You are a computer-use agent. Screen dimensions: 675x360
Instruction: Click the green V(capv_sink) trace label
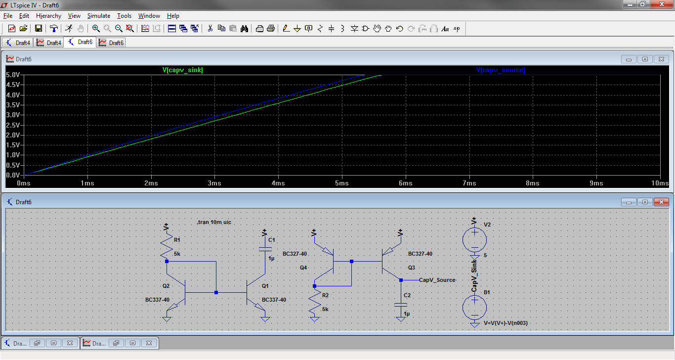pyautogui.click(x=183, y=70)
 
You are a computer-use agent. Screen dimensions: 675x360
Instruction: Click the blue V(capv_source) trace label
pyautogui.click(x=501, y=70)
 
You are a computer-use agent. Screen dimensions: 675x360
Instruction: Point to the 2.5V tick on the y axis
pyautogui.click(x=13, y=125)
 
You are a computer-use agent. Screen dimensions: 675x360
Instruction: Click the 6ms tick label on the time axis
pyautogui.click(x=405, y=183)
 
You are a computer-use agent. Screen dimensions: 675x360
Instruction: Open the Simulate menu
pyautogui.click(x=98, y=16)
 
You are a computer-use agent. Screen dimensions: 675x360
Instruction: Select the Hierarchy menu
pyautogui.click(x=48, y=16)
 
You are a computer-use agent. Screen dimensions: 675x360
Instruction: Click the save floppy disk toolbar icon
pyautogui.click(x=38, y=29)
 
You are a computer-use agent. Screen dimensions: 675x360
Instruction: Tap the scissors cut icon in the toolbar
pyautogui.click(x=210, y=29)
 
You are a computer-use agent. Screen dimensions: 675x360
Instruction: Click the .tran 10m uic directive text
pyautogui.click(x=214, y=222)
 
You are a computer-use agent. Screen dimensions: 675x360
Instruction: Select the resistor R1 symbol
pyautogui.click(x=167, y=247)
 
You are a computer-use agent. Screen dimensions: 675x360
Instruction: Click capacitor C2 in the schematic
pyautogui.click(x=401, y=305)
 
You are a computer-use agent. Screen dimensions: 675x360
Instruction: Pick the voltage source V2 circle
pyautogui.click(x=474, y=240)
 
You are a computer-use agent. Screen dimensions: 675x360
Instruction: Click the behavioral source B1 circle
pyautogui.click(x=474, y=308)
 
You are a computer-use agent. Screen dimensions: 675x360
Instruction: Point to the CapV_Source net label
pyautogui.click(x=437, y=280)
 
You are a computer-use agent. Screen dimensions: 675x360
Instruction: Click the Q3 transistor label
pyautogui.click(x=411, y=268)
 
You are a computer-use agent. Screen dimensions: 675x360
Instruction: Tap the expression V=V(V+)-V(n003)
pyautogui.click(x=506, y=323)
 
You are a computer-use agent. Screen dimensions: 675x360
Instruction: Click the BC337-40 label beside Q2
pyautogui.click(x=157, y=300)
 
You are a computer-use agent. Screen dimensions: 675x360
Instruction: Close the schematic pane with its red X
pyautogui.click(x=662, y=202)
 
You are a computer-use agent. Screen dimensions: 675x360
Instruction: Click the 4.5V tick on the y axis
pyautogui.click(x=13, y=85)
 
